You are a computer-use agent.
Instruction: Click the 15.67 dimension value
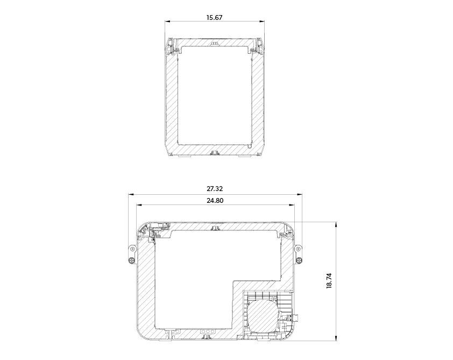coord(214,17)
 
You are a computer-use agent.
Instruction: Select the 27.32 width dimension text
coord(215,189)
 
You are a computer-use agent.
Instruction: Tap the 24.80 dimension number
coord(215,200)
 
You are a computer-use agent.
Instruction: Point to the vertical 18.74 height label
coord(329,281)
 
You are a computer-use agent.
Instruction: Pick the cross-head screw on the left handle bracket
coord(132,260)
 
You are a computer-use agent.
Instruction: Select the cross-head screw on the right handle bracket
coord(299,260)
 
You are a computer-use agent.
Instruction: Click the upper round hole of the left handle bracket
coord(132,249)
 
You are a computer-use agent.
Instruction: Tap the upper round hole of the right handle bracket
coord(298,249)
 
